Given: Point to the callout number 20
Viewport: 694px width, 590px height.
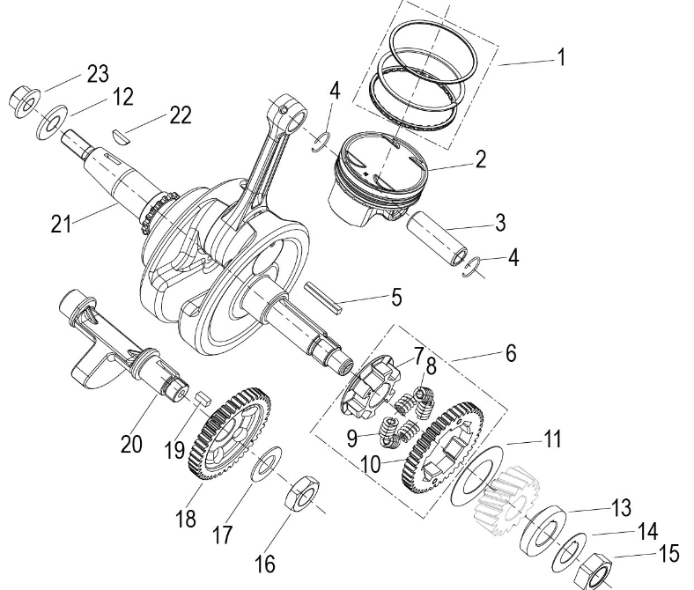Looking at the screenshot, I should pos(131,445).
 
